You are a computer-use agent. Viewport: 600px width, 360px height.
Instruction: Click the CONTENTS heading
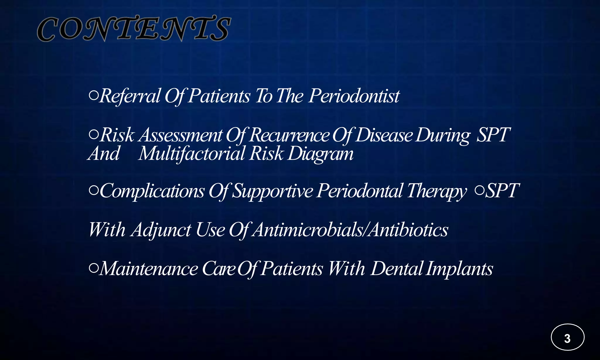(134, 29)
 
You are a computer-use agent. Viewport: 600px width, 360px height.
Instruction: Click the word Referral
(130, 96)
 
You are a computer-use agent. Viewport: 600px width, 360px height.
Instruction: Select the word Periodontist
(354, 96)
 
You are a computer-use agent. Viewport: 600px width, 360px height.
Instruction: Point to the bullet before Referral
(93, 95)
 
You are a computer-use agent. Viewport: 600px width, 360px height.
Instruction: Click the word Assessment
(181, 135)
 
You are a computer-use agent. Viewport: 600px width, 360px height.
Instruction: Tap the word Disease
(384, 135)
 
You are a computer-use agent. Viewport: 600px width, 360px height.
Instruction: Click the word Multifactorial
(191, 154)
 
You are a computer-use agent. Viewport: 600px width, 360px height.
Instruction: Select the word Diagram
(321, 154)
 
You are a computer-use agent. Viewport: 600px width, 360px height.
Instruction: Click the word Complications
(152, 191)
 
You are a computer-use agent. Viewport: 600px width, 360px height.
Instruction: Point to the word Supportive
(273, 191)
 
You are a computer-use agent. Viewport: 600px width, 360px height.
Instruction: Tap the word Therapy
(437, 191)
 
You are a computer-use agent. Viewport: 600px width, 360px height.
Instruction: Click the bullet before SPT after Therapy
(479, 190)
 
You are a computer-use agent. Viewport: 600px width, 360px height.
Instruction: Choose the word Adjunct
(161, 230)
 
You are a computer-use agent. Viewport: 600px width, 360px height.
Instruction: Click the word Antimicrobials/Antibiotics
(350, 230)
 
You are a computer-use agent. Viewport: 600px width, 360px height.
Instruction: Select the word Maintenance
(149, 269)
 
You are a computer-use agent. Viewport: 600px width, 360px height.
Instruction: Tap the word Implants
(459, 269)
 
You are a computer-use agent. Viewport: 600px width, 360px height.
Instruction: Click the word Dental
(397, 269)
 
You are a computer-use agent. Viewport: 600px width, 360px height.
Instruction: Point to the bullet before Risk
(93, 134)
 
